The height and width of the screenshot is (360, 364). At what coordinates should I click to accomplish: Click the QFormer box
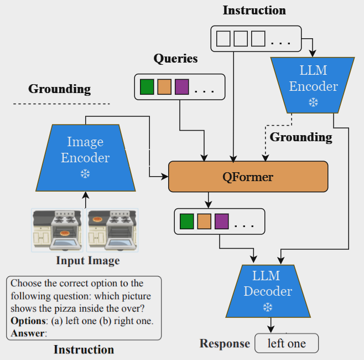point(248,177)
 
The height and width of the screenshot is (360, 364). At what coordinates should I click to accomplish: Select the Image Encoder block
point(85,157)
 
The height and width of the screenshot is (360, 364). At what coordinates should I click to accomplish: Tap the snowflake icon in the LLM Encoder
point(313,102)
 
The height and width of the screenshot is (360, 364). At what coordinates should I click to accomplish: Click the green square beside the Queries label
point(147,87)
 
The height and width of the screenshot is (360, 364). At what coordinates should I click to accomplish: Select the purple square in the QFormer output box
point(221,222)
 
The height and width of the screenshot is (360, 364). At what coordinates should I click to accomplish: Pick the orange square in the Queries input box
point(164,87)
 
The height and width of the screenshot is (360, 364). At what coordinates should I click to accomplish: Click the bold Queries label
point(175,59)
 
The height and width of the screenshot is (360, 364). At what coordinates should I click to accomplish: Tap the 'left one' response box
point(287,343)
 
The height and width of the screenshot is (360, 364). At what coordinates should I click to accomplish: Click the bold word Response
point(225,344)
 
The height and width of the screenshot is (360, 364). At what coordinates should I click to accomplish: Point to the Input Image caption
point(87,260)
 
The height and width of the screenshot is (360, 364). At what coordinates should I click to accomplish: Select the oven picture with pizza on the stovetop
point(111,229)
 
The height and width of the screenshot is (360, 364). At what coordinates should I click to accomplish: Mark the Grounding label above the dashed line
point(59,89)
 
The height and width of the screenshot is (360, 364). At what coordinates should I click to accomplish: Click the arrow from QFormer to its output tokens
point(209,199)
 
